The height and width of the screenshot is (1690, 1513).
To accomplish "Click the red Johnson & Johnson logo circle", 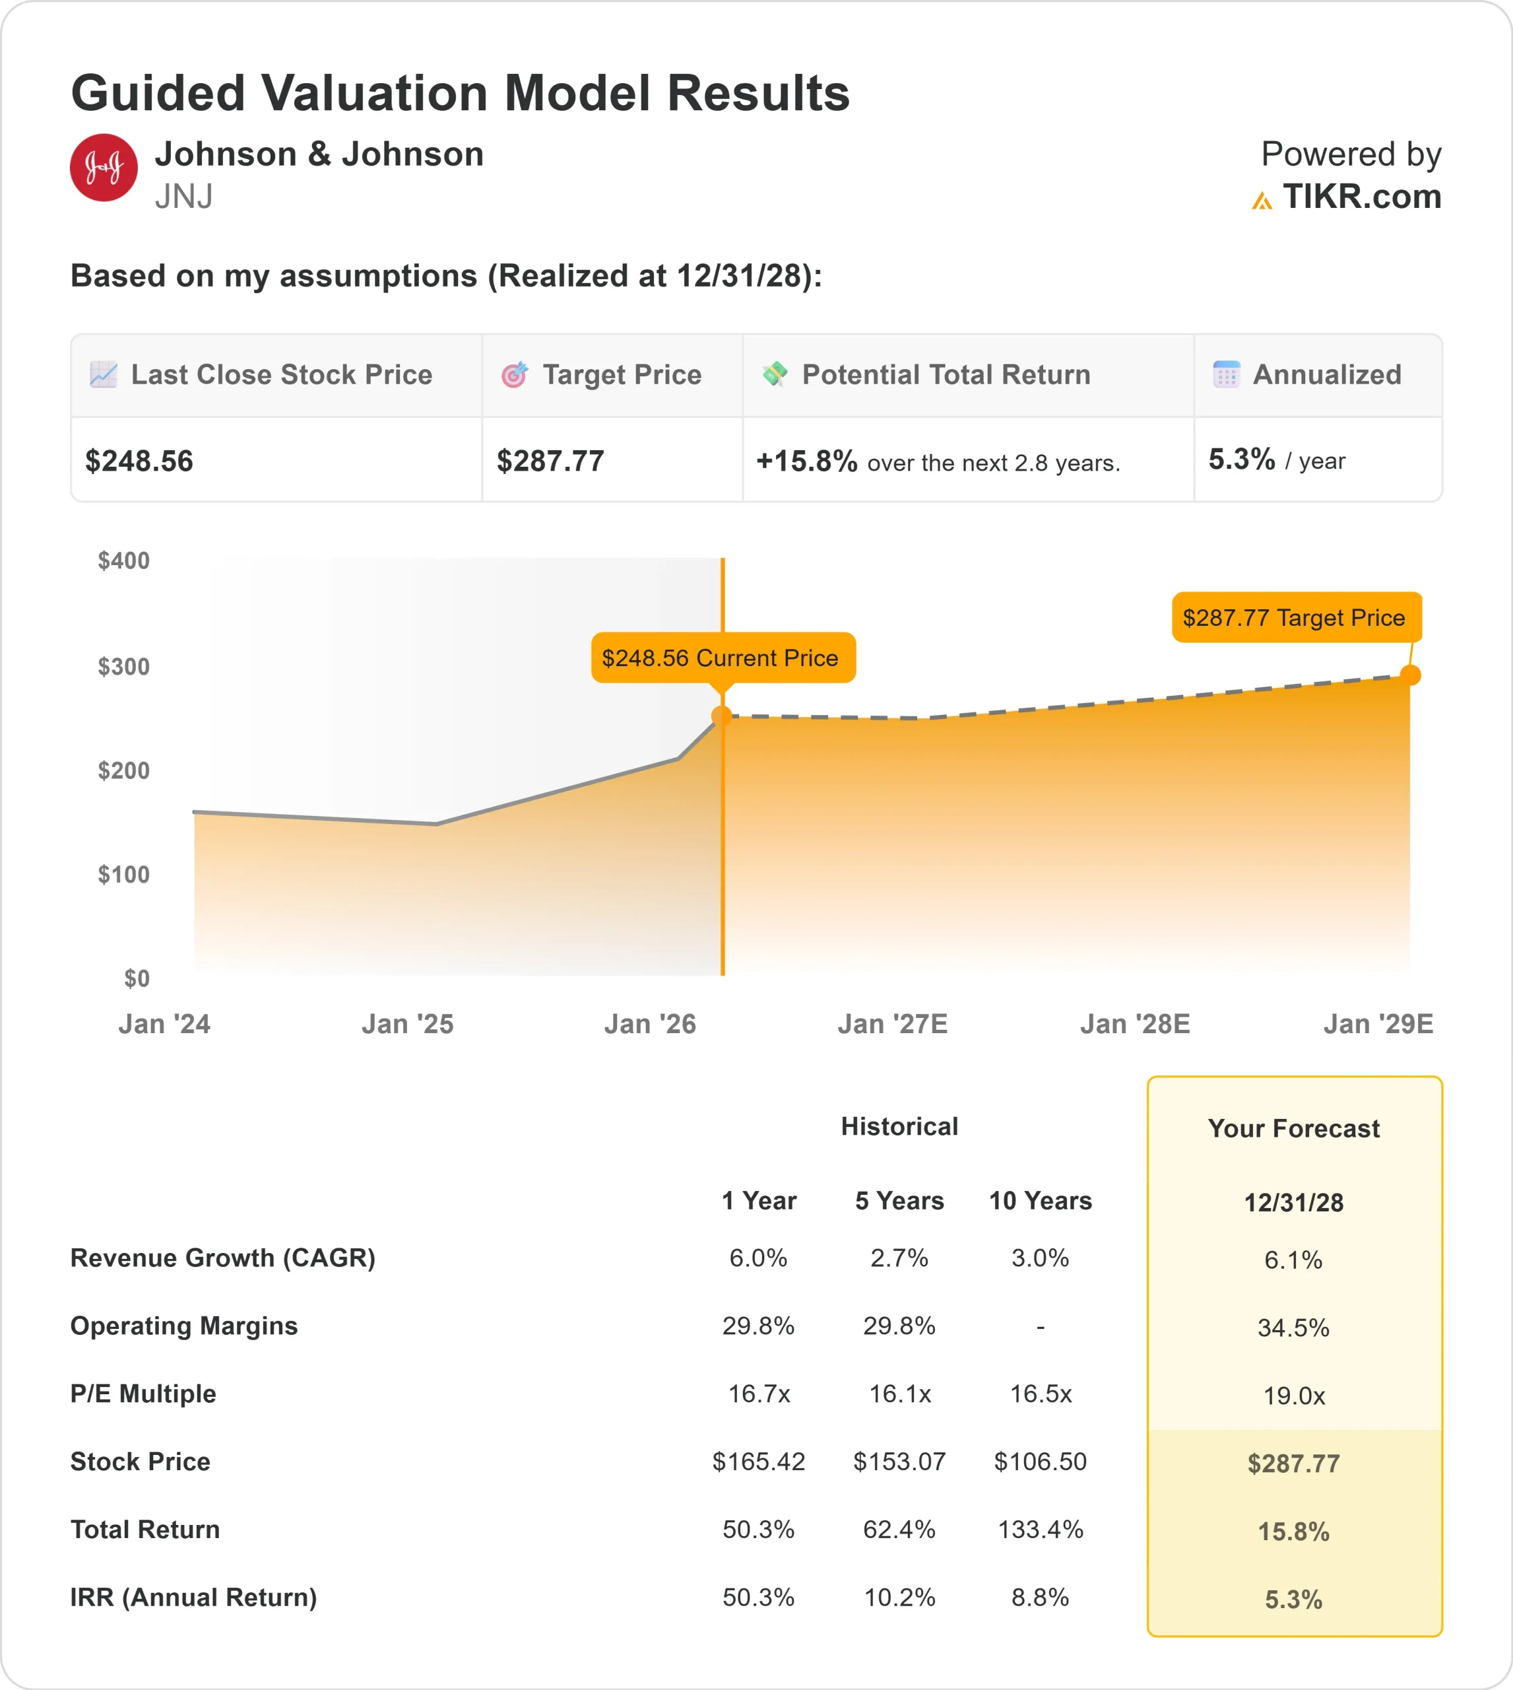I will (x=103, y=167).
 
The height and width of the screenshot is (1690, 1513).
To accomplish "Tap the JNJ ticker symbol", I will (x=183, y=197).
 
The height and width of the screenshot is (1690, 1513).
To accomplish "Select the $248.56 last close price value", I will (x=139, y=461).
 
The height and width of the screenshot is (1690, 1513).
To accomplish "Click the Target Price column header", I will (x=621, y=374).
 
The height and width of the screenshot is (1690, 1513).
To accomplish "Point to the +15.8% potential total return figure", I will (x=806, y=461).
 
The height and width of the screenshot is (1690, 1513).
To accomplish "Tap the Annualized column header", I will (x=1326, y=374).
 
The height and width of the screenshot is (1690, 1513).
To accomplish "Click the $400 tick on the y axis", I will (x=124, y=560).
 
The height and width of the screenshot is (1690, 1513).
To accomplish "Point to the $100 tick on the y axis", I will (x=124, y=874).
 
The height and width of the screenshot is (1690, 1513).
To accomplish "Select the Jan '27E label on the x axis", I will (x=892, y=1024).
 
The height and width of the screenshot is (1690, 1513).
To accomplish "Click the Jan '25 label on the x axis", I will (x=407, y=1024).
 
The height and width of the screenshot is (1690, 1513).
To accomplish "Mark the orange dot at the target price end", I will (x=1410, y=675).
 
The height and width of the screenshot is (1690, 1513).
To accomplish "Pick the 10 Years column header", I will (x=1040, y=1200).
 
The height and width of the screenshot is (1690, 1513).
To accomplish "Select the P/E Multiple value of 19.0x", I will (x=1293, y=1396).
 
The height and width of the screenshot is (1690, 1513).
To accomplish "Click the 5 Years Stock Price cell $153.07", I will (x=899, y=1462).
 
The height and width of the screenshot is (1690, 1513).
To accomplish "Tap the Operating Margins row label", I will (x=183, y=1326).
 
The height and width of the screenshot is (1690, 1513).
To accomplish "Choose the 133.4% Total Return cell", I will (x=1040, y=1530).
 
